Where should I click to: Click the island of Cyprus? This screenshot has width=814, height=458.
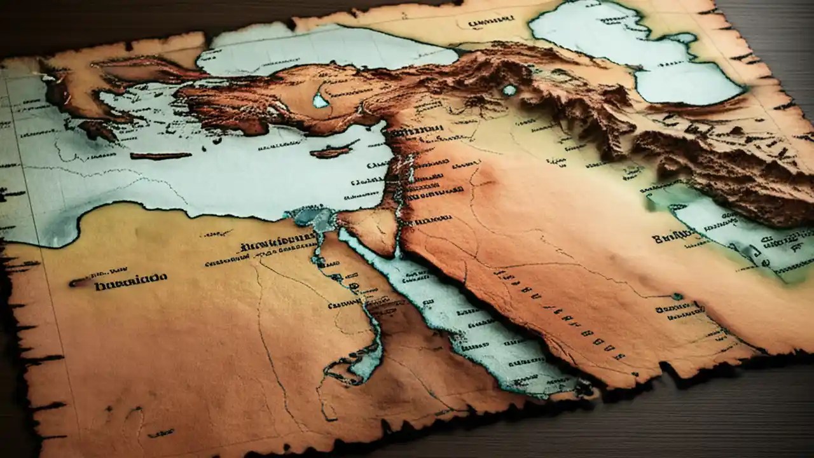tap(331, 152)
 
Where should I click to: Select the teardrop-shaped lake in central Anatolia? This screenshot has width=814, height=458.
tap(321, 101)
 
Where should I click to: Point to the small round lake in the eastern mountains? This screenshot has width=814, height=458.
tap(509, 90)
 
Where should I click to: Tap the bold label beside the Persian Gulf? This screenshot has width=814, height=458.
tap(674, 238)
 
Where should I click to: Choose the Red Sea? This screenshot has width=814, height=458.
tap(458, 318)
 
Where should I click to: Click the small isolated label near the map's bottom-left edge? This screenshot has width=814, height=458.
tap(160, 433)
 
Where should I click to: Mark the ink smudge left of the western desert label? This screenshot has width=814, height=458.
tap(80, 282)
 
